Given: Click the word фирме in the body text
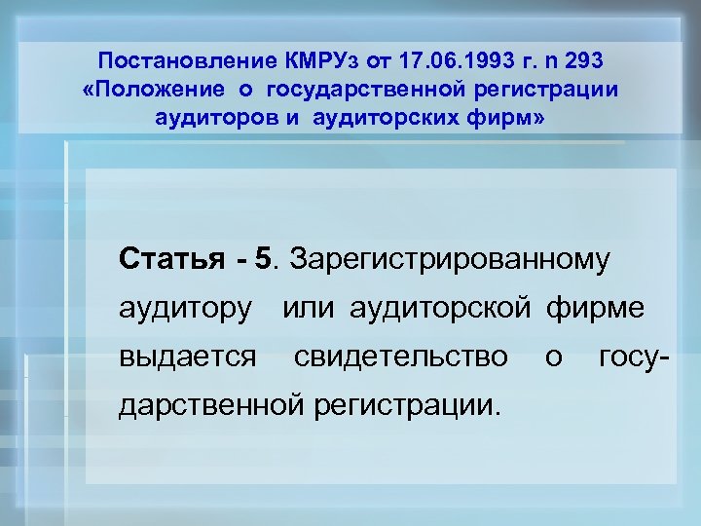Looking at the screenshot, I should (596, 310).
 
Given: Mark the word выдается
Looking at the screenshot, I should (188, 357).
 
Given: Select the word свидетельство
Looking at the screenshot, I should (400, 357).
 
